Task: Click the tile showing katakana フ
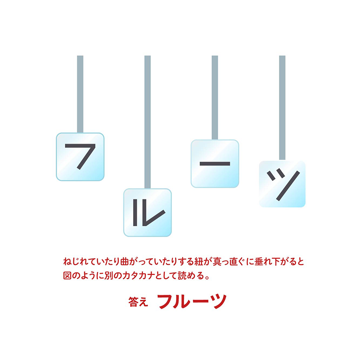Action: (80, 157)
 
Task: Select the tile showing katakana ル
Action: (148, 212)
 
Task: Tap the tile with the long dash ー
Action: (215, 163)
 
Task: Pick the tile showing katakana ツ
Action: (282, 184)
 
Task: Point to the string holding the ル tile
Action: (148, 121)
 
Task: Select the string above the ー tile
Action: (215, 97)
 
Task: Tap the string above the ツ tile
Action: (282, 108)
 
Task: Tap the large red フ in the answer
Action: (166, 301)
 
